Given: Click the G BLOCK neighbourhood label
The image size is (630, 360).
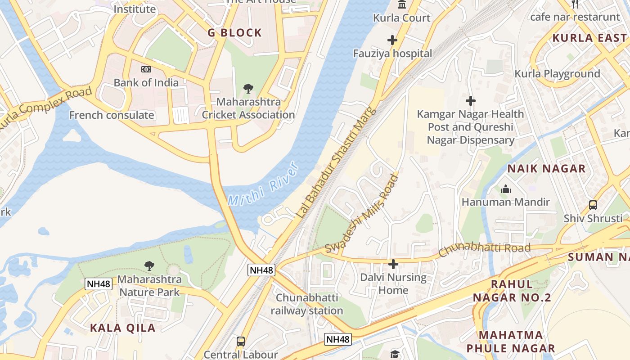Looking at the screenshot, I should click(234, 33).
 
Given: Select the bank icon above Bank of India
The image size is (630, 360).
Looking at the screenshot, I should click(146, 69).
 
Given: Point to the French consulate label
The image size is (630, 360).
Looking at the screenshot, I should click(112, 115).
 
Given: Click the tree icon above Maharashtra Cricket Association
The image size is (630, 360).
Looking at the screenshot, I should click(248, 89).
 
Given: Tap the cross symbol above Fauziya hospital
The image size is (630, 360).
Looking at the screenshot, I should click(392, 40).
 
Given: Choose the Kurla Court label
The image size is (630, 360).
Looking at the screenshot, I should click(402, 18).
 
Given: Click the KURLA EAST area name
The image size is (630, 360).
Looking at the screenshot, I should click(589, 38).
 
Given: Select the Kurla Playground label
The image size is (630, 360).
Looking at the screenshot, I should click(557, 74).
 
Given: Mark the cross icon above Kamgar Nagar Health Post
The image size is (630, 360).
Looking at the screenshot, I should click(471, 101).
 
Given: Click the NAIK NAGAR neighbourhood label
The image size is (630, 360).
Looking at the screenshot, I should click(546, 169).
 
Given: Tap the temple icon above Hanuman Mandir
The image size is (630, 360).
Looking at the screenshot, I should click(506, 189).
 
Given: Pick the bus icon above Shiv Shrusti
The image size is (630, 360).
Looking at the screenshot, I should click(593, 205).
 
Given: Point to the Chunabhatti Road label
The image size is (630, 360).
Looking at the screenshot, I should click(484, 249).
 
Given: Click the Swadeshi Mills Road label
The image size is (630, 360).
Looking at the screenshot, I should click(362, 214).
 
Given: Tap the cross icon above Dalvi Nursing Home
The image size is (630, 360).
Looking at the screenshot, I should click(393, 264).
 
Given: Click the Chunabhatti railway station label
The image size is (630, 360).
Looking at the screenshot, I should click(307, 304).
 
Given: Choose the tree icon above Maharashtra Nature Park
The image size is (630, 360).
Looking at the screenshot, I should click(149, 266).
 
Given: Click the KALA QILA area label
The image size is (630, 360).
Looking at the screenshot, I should click(123, 328).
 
